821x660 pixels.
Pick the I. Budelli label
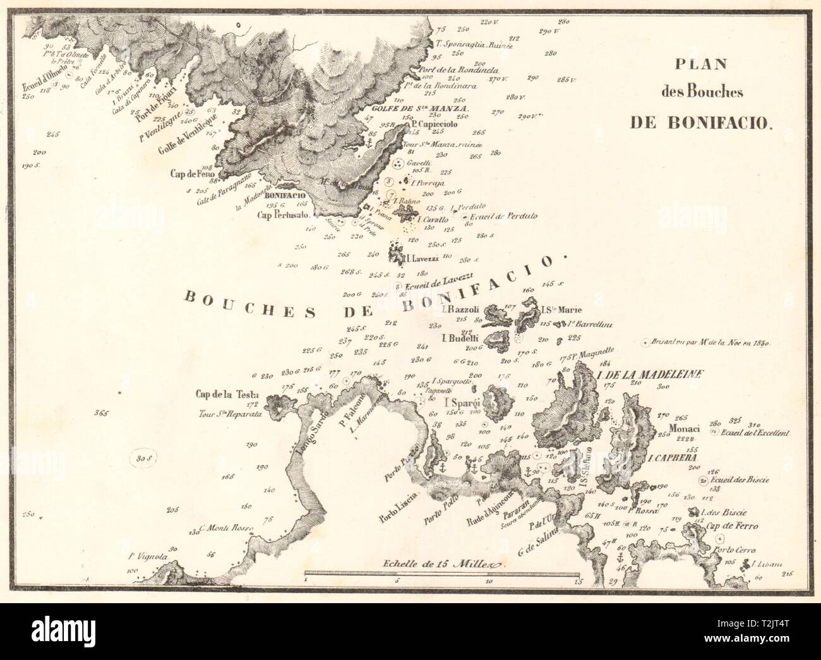462,339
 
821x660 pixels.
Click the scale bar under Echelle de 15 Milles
441,575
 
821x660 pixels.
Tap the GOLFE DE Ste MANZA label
428,109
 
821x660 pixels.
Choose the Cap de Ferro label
732,525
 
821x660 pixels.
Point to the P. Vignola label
147,556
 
